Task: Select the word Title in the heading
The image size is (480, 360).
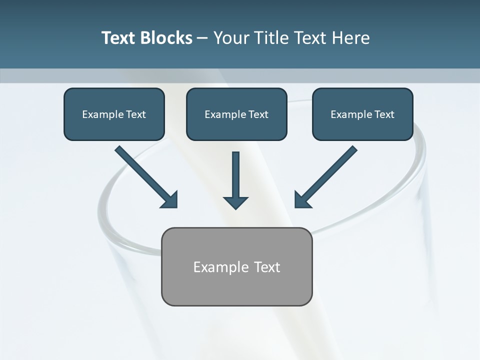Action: click(x=272, y=38)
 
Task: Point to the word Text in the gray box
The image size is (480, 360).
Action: click(x=267, y=267)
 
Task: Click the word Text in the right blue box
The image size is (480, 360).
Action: click(x=384, y=114)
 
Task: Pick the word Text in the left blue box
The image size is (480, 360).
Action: click(x=135, y=114)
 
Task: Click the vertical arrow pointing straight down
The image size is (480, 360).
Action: click(x=235, y=175)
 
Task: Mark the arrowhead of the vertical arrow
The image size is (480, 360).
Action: click(x=235, y=202)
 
